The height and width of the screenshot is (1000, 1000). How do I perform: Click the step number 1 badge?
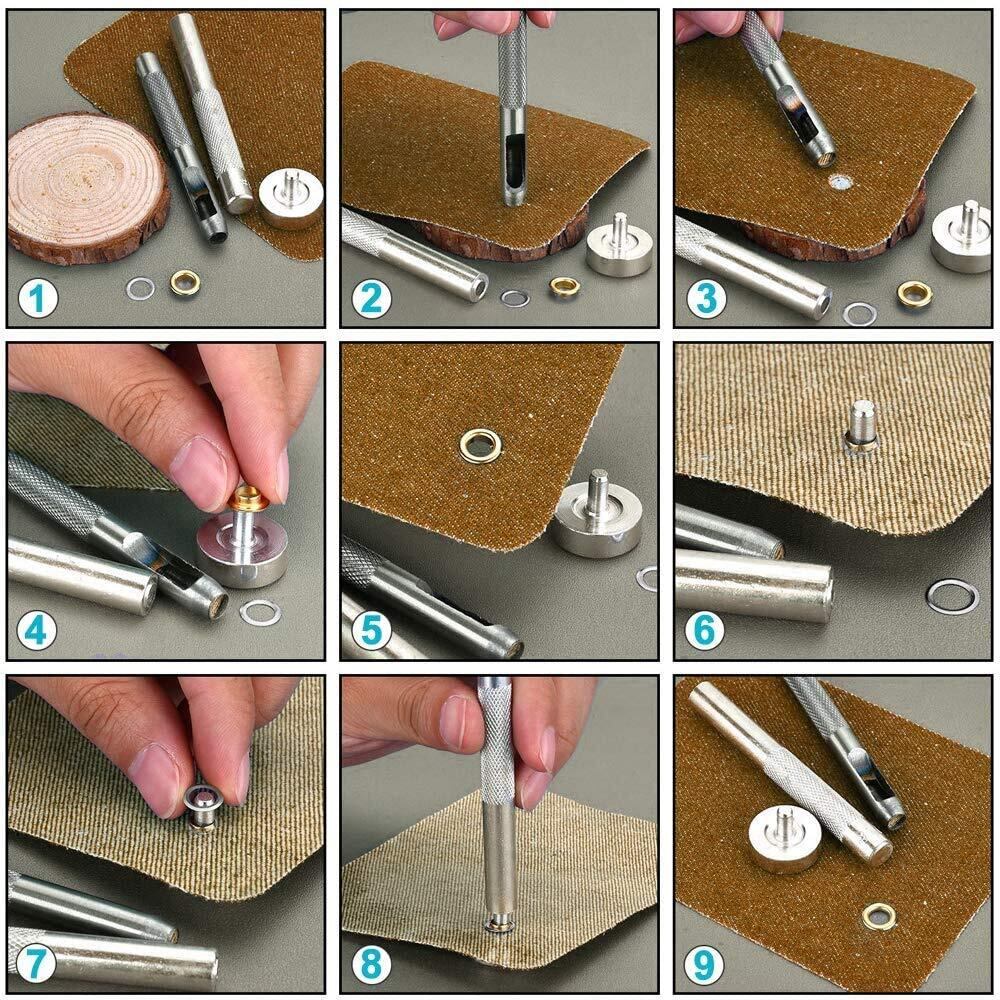pos(38,298)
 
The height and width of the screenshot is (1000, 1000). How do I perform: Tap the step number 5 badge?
pos(371,629)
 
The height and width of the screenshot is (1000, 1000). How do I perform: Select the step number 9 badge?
pos(704,964)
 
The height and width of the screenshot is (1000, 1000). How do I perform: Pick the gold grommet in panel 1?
pos(185,283)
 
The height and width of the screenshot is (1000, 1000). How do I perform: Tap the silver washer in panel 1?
pos(140,289)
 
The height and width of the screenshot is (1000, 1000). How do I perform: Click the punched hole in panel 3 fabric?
pos(842,182)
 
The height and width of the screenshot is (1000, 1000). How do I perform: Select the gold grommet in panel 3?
pos(915,293)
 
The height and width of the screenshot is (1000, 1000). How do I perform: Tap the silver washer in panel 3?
pos(860,314)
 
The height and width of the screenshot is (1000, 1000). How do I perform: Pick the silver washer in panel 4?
pos(260,612)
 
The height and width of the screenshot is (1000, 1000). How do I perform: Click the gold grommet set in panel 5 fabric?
pos(480,445)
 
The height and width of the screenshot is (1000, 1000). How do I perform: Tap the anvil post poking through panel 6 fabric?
pos(861,424)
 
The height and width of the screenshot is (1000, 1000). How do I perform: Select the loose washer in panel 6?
pos(953,597)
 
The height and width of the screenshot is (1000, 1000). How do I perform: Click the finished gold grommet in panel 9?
pos(879,916)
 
